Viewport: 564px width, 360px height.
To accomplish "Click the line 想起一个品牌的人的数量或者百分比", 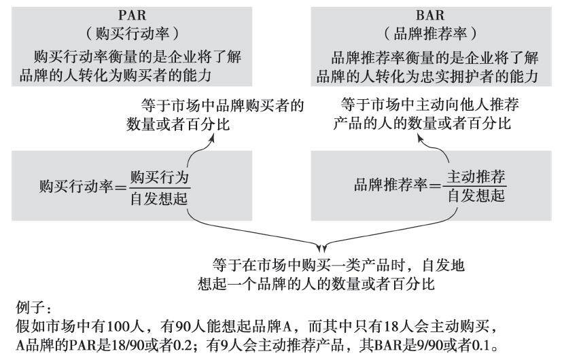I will tap(323, 281).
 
